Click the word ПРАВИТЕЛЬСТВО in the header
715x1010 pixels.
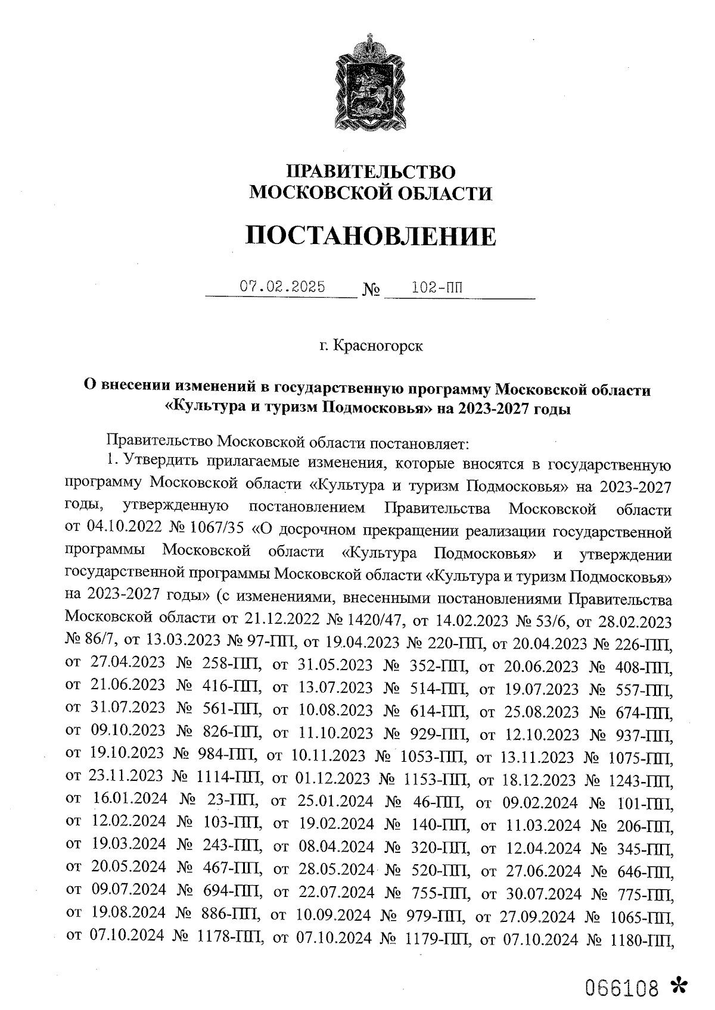(371, 172)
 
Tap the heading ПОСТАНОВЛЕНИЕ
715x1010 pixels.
(371, 237)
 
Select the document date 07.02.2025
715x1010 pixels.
(282, 287)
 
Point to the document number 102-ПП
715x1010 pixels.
(437, 287)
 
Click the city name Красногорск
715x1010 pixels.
(378, 346)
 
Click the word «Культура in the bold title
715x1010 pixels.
(200, 409)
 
